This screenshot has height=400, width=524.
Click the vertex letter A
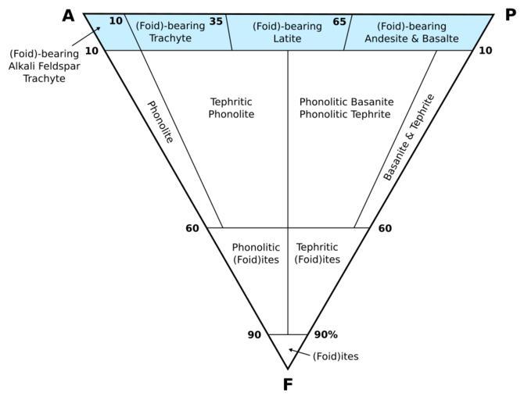(x=70, y=15)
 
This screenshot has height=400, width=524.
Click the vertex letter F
(x=287, y=384)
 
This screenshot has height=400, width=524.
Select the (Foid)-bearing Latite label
(x=287, y=32)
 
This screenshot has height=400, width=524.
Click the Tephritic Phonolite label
(x=232, y=108)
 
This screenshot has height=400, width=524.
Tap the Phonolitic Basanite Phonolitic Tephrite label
(x=346, y=108)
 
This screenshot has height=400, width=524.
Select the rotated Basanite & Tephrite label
(x=409, y=137)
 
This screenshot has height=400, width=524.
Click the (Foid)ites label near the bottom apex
(x=336, y=357)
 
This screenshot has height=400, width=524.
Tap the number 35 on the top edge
(x=217, y=21)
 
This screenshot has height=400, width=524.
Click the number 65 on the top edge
(x=339, y=21)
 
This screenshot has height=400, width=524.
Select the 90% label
(x=325, y=334)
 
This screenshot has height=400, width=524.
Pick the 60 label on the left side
(x=192, y=228)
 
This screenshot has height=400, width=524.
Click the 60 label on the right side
(x=384, y=228)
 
